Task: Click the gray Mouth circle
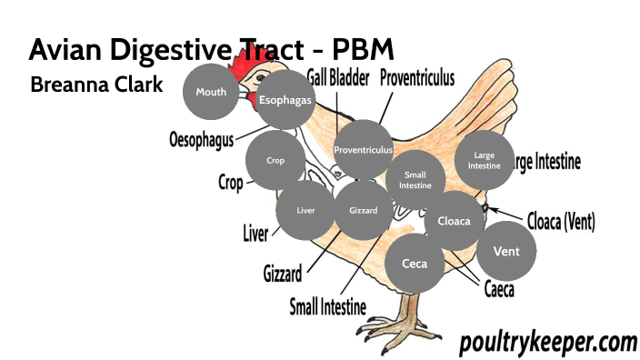pyautogui.click(x=211, y=92)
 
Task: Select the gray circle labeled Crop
pyautogui.click(x=275, y=160)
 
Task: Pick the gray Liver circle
pyautogui.click(x=305, y=210)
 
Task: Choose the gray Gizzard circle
pyautogui.click(x=363, y=210)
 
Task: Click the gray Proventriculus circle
pyautogui.click(x=363, y=149)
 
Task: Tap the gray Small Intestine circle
pyautogui.click(x=415, y=179)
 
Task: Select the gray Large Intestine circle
pyautogui.click(x=485, y=161)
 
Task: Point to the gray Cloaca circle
pyautogui.click(x=454, y=221)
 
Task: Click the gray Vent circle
pyautogui.click(x=505, y=251)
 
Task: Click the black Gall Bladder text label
pyautogui.click(x=337, y=79)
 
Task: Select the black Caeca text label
pyautogui.click(x=498, y=290)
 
